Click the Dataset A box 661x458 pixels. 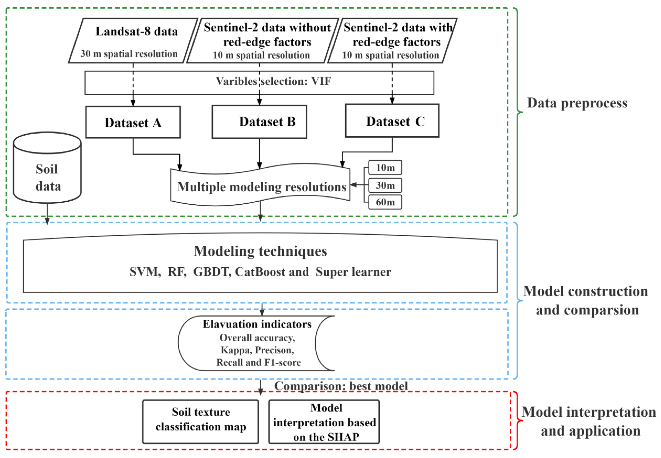point(133,122)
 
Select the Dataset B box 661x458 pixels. point(259,122)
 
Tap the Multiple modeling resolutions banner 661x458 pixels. point(261,187)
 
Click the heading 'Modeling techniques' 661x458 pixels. point(260,251)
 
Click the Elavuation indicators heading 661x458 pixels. point(257,324)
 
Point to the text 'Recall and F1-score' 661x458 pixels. point(258,362)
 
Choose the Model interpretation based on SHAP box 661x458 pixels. point(324,422)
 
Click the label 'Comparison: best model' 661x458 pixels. point(341,386)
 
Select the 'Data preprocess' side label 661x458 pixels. point(577,103)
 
